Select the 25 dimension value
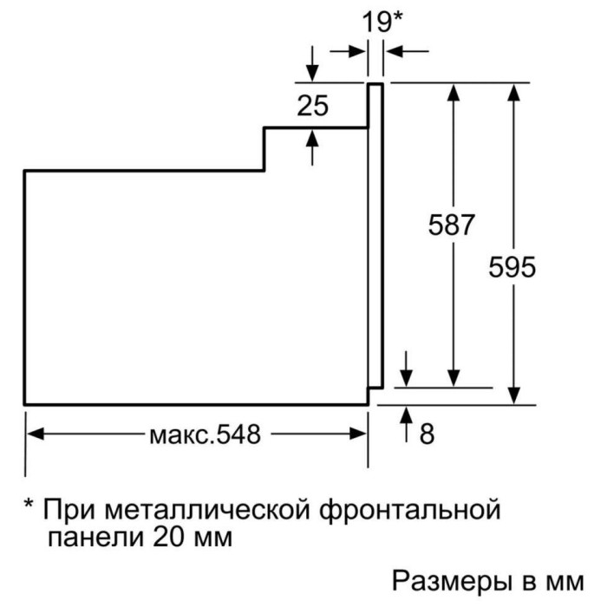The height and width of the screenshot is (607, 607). click(x=312, y=107)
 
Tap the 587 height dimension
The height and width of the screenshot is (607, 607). click(x=453, y=225)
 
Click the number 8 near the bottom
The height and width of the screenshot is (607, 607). click(x=426, y=434)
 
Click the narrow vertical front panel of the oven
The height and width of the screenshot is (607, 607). click(x=375, y=234)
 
